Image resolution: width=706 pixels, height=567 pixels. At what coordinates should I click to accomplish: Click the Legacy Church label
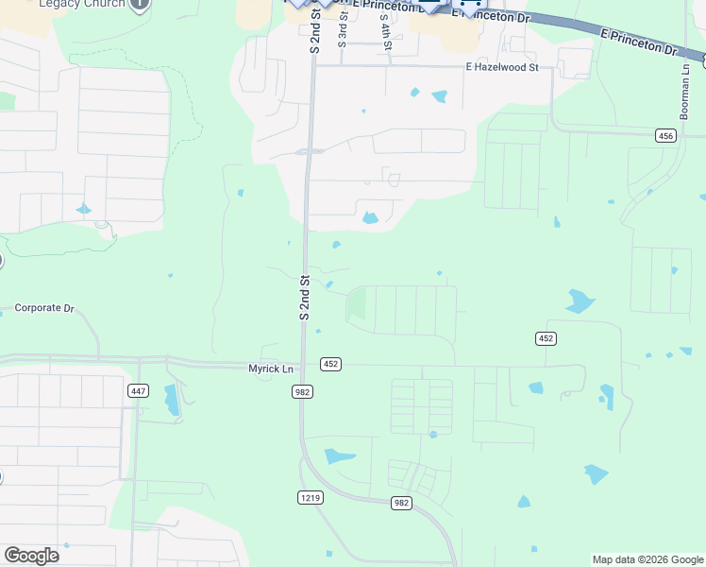tap(83, 4)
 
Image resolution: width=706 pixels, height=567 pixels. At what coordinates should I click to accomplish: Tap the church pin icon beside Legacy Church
tap(139, 4)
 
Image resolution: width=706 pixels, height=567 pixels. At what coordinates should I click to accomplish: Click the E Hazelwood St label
tap(501, 67)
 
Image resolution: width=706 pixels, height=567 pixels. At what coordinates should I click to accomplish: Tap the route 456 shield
tap(666, 136)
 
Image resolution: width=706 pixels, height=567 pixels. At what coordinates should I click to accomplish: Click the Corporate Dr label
tap(44, 308)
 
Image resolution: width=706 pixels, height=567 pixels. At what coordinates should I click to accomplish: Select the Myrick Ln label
tap(272, 368)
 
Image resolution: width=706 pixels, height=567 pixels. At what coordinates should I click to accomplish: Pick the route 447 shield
tap(139, 390)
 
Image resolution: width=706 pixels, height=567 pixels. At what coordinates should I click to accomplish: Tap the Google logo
tap(31, 556)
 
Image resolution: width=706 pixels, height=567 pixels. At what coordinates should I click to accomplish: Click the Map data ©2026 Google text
tap(647, 559)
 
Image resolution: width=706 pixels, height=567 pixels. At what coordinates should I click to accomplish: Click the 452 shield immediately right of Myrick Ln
tap(330, 364)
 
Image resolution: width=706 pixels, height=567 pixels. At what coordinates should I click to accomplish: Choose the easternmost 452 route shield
tap(546, 337)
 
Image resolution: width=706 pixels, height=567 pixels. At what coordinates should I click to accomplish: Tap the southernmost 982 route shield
tap(401, 503)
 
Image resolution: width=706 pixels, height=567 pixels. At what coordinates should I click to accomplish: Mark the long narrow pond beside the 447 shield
tap(172, 400)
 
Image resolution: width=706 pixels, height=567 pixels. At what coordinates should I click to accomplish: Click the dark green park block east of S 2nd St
tap(357, 304)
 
